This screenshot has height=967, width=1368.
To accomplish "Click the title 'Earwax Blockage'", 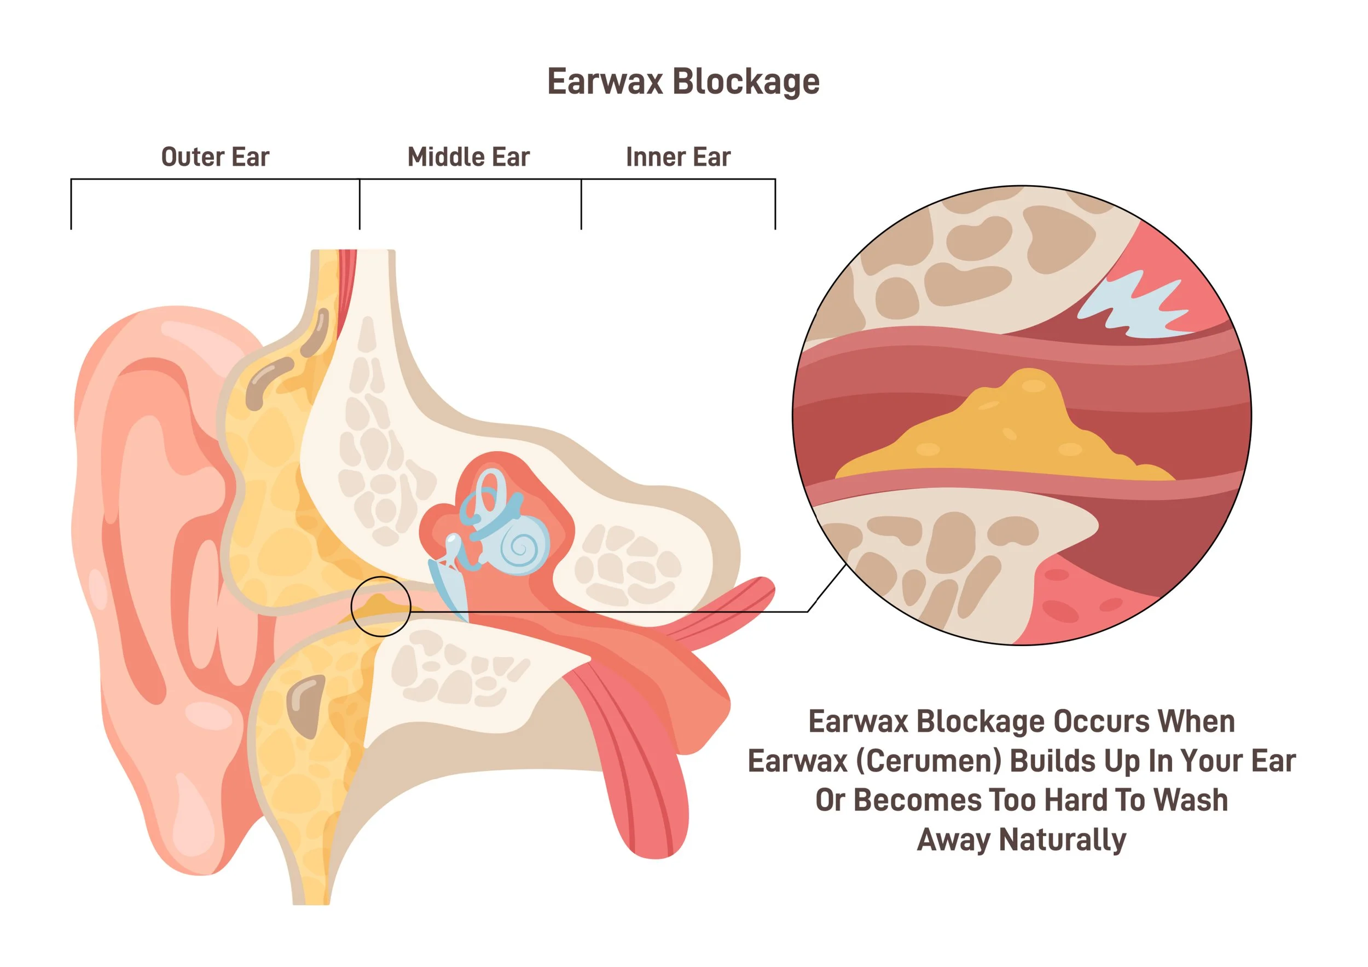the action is (683, 82).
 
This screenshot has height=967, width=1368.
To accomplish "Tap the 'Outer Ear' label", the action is (215, 157).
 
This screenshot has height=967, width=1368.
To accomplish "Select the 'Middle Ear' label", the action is (468, 157).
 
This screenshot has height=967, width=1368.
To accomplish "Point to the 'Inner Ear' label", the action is (677, 157).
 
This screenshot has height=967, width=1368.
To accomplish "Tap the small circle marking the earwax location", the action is (381, 606).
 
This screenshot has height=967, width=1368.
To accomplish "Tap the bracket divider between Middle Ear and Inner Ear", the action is (581, 203).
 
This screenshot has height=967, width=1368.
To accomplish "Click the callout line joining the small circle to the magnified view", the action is (608, 611).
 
